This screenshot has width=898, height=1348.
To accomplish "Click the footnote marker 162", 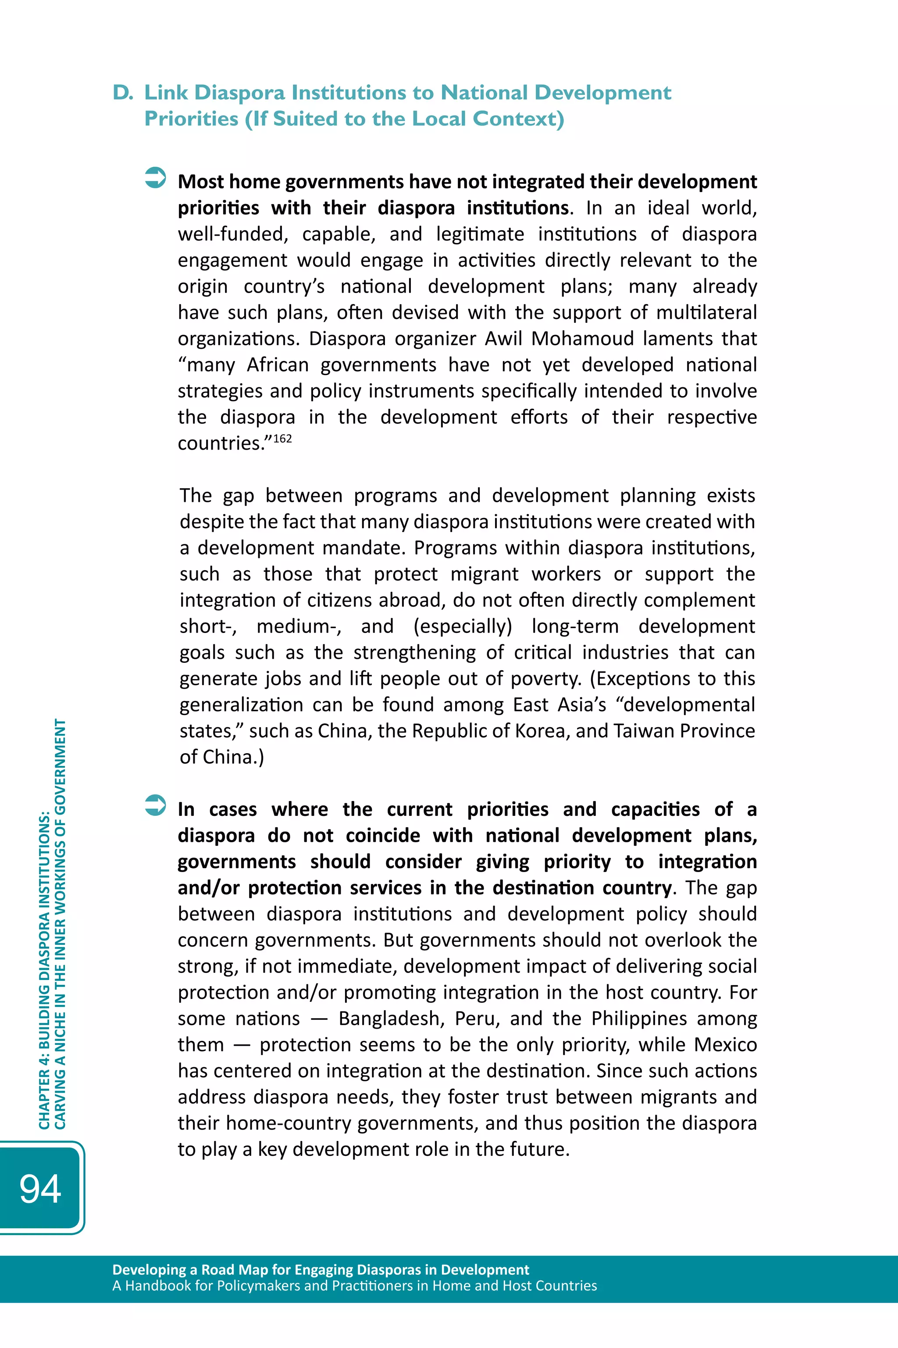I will [x=282, y=439].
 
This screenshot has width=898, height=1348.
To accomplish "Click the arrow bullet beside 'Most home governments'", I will [x=155, y=178].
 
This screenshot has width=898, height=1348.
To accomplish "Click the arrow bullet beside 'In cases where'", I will [x=155, y=805].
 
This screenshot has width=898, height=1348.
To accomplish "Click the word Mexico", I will [x=726, y=1044].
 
